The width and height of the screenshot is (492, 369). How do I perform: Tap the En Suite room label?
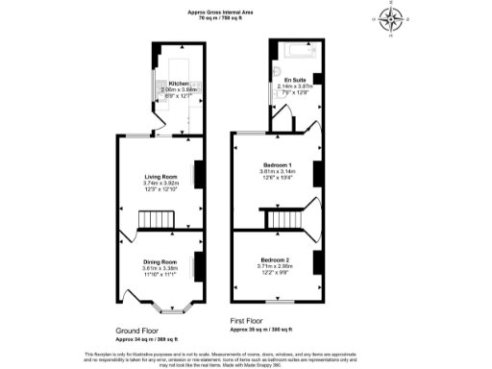[296, 80]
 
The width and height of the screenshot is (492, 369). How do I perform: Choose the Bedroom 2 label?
[274, 260]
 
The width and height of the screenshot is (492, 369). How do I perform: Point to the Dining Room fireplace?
[199, 264]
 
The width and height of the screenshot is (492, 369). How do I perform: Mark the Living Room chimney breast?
[199, 174]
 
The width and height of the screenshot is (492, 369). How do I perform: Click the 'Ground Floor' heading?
[137, 330]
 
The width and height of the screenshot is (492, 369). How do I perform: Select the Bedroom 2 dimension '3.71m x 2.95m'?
[274, 267]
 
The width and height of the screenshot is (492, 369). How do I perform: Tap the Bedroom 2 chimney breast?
[316, 260]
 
